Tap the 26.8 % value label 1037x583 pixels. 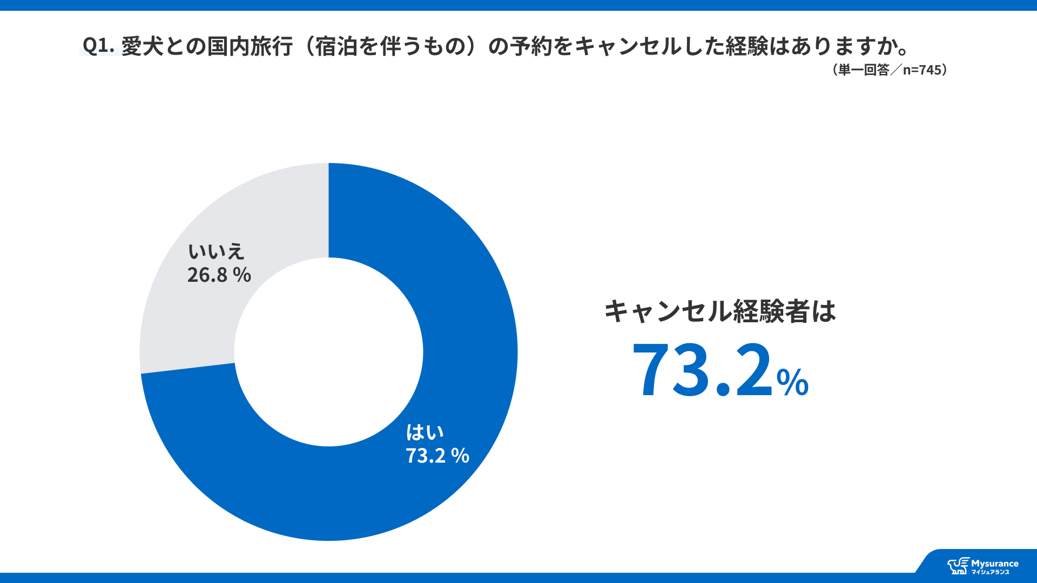tap(219, 275)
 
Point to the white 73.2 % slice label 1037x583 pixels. tap(437, 456)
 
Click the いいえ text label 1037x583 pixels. tap(216, 252)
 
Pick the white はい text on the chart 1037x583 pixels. tap(425, 432)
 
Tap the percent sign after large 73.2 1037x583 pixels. tap(792, 382)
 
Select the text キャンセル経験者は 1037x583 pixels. tap(719, 311)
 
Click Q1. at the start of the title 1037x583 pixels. tap(98, 46)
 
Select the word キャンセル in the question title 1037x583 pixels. tap(627, 46)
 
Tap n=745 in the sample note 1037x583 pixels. tap(922, 70)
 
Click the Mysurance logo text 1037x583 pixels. tap(994, 564)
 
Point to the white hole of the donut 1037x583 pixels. tap(328, 352)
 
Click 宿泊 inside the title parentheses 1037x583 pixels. tap(336, 46)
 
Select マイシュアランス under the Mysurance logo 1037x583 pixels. tap(990, 572)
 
